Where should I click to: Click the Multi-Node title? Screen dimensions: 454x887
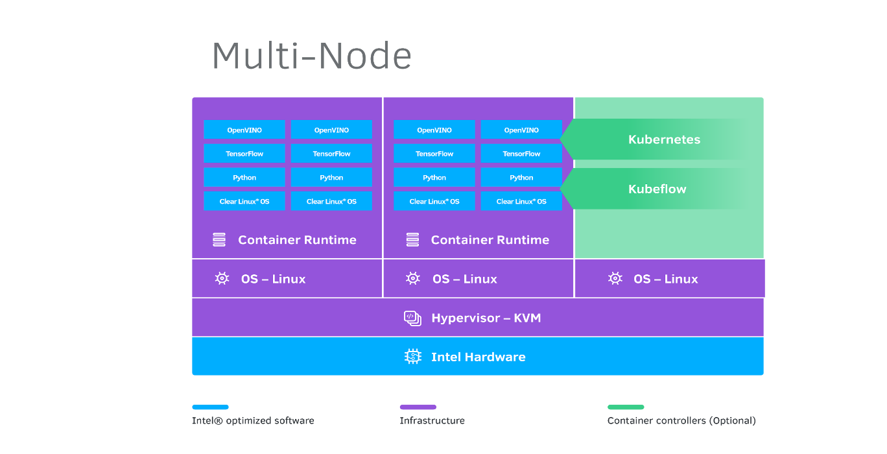click(x=311, y=56)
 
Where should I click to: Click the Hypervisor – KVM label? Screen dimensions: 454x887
click(x=486, y=318)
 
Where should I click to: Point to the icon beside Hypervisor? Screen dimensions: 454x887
click(x=412, y=318)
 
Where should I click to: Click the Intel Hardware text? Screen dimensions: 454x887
click(x=478, y=357)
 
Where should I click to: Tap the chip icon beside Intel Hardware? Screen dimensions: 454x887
click(x=412, y=357)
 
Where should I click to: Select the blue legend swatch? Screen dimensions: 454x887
click(x=210, y=407)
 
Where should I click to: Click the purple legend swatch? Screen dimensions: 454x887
click(x=418, y=407)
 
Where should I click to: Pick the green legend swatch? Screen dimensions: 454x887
click(x=626, y=407)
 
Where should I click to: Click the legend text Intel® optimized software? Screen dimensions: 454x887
click(x=253, y=421)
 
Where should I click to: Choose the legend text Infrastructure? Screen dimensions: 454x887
click(x=432, y=421)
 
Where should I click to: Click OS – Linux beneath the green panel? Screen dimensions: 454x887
click(x=665, y=279)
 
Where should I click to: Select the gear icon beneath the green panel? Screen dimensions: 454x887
click(x=615, y=279)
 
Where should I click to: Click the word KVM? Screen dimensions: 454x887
click(x=527, y=318)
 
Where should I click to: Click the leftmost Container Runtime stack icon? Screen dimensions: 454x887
click(x=219, y=240)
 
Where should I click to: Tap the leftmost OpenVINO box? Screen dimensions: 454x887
click(x=244, y=130)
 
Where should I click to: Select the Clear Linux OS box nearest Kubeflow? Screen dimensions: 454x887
click(x=521, y=201)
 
